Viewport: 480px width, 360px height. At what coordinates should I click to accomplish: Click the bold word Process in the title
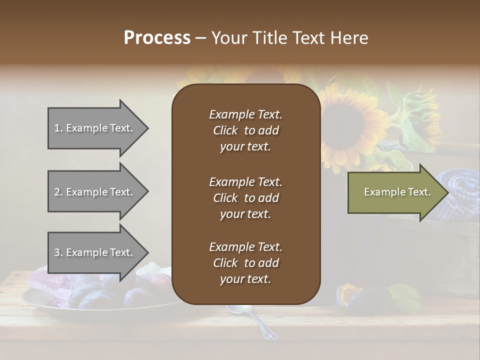tap(157, 38)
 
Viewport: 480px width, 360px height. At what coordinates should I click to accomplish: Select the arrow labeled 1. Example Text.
tap(95, 128)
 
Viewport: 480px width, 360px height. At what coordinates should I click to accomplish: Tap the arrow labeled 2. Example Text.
tap(95, 192)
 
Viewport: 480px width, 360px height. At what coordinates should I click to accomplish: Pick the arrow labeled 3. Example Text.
tap(95, 252)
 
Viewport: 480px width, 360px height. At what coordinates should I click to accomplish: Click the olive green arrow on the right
tap(395, 192)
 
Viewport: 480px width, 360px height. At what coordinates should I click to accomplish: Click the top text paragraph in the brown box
tap(245, 130)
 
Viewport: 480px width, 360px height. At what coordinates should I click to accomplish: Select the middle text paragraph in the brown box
tap(245, 197)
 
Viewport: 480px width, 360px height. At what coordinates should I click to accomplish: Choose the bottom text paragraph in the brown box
tap(245, 263)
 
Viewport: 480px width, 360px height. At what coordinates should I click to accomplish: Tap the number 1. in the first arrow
tap(58, 128)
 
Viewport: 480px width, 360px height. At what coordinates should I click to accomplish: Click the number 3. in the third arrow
tap(58, 252)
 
